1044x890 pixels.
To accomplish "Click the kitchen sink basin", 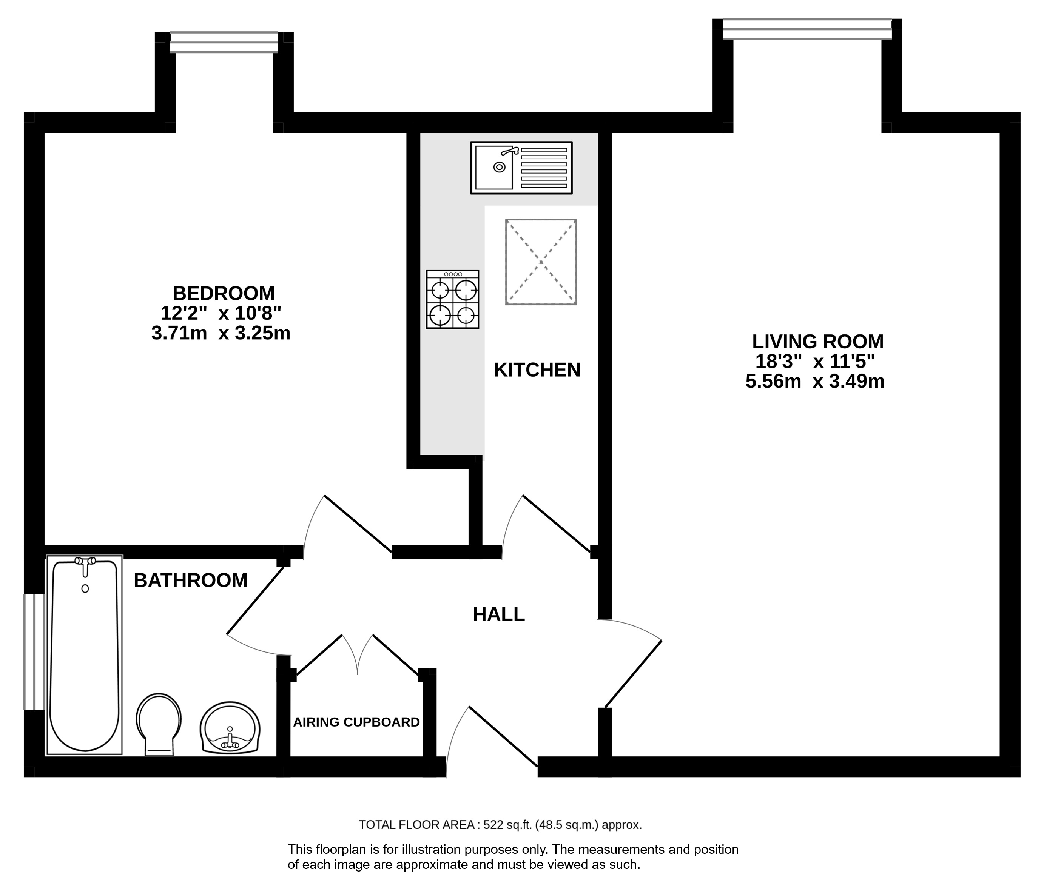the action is (x=494, y=167).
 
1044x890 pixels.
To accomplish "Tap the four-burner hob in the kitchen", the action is (x=452, y=300).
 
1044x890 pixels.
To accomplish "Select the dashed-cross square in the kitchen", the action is (x=541, y=262).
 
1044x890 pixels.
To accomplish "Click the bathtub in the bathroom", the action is (x=85, y=655).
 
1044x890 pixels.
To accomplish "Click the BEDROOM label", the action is (x=224, y=293).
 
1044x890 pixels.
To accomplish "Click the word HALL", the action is (x=499, y=614).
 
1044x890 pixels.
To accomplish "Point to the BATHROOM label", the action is (x=190, y=580).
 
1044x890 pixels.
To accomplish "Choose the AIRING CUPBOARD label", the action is (x=356, y=722).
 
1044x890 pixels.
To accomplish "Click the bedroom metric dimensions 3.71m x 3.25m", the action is (x=221, y=333).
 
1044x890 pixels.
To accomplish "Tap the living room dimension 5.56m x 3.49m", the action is (x=815, y=381).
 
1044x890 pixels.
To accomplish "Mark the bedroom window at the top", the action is (x=224, y=42).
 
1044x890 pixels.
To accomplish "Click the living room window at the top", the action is (x=807, y=29).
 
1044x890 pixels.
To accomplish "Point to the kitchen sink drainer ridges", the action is (x=544, y=168).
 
